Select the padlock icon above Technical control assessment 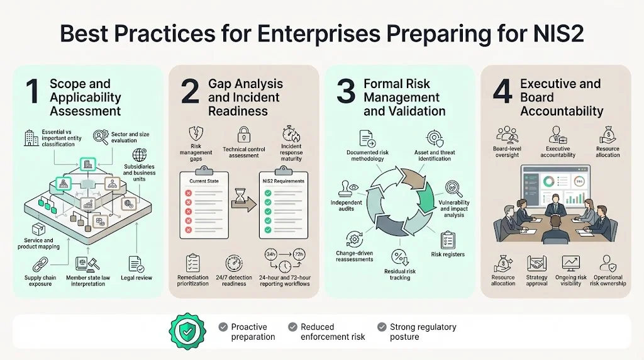(243, 135)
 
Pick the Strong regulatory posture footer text (423, 332)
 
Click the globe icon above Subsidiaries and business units (140, 155)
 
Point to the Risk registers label (448, 254)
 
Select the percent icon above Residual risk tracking (399, 257)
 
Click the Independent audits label (347, 205)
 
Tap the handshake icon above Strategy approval (537, 263)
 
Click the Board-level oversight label (507, 152)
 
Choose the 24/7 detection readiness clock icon (234, 263)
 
